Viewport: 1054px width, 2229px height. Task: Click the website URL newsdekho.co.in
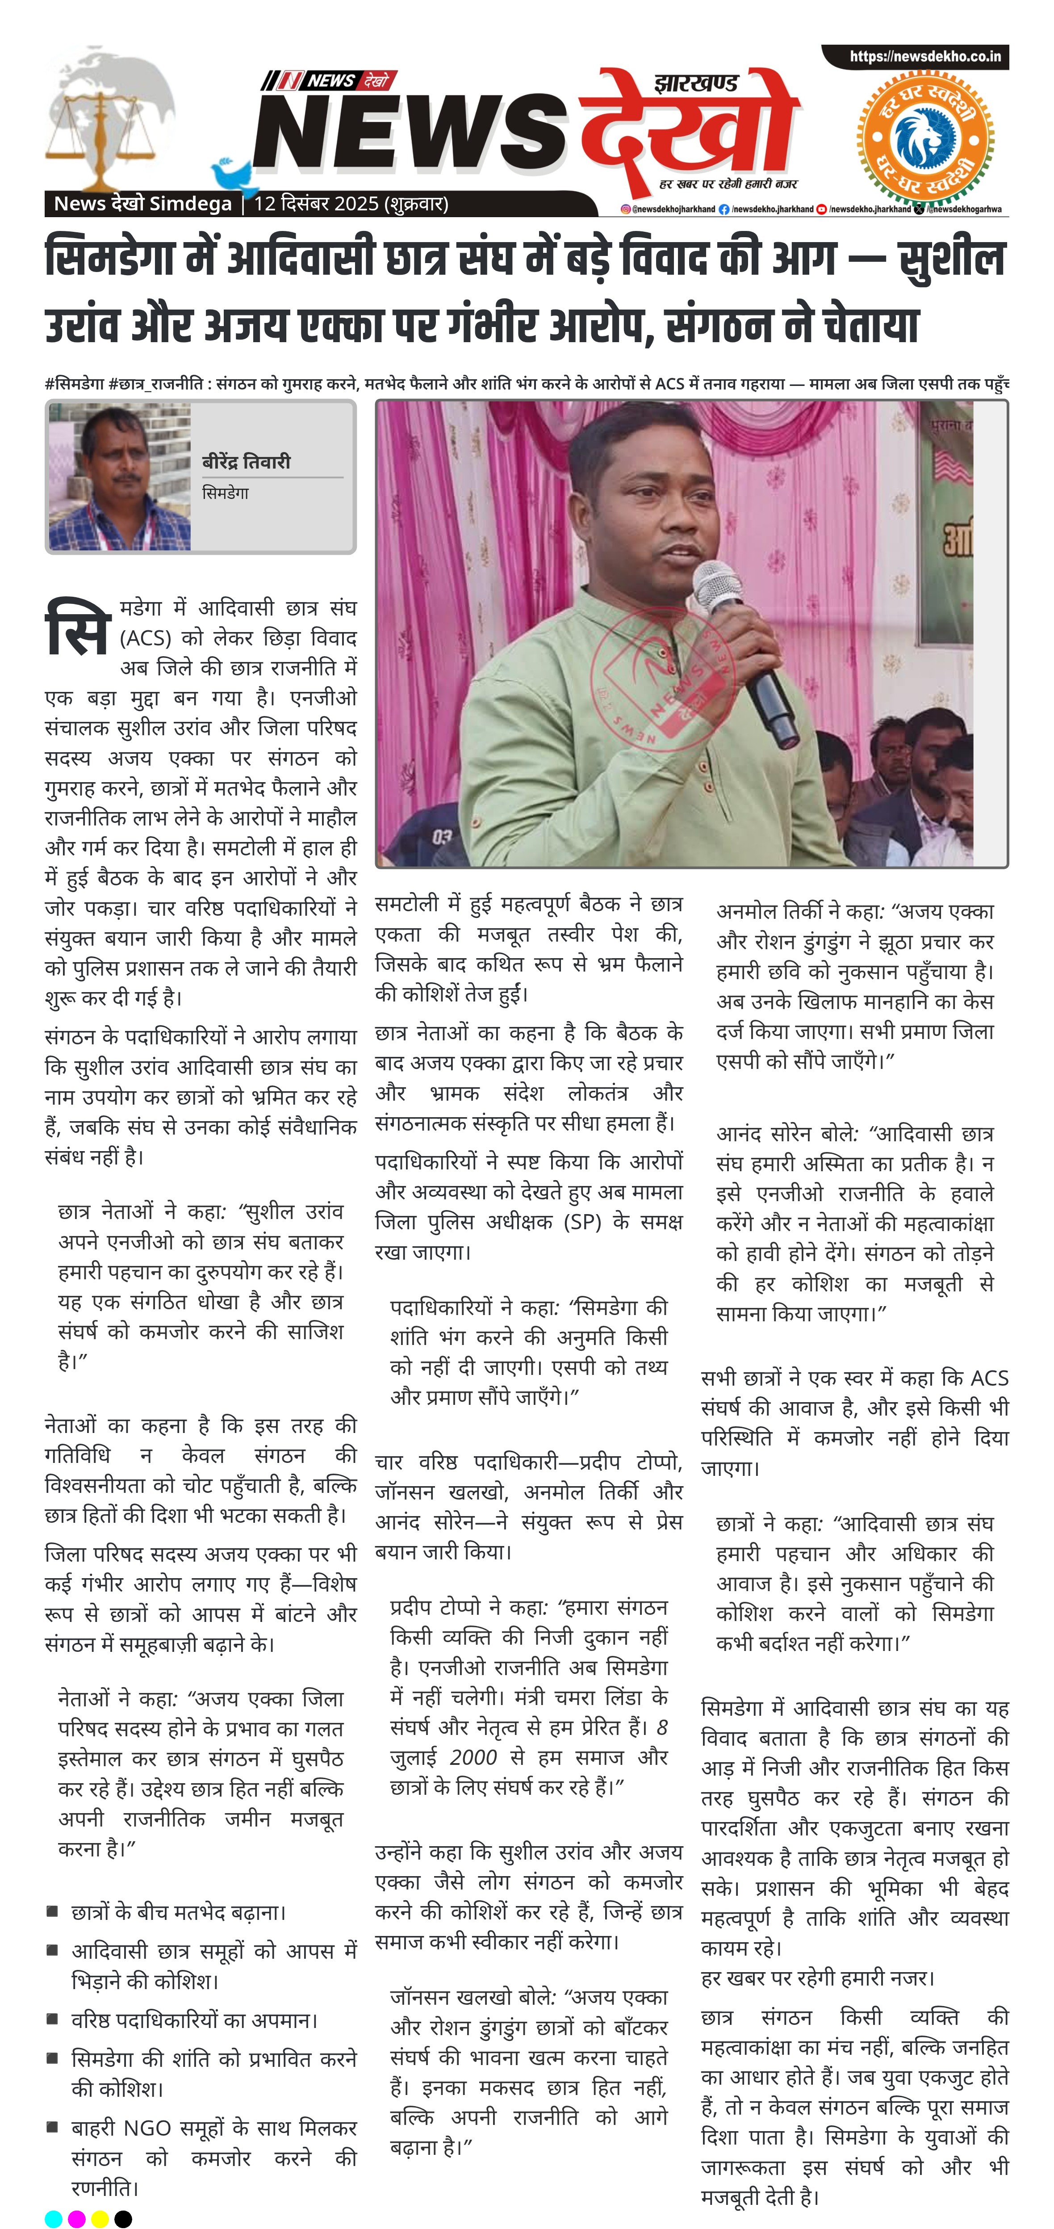[x=924, y=57]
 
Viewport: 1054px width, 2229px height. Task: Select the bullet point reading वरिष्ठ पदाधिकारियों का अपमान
[x=195, y=2020]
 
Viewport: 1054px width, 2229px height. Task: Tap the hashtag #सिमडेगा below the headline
[x=75, y=383]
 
